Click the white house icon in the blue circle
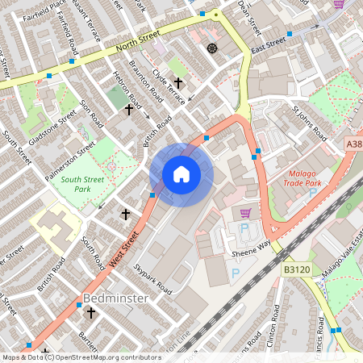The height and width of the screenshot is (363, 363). tap(181, 173)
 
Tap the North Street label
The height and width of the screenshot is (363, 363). tap(123, 56)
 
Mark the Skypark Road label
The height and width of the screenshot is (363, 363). tap(153, 277)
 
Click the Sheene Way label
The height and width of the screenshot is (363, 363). tap(252, 248)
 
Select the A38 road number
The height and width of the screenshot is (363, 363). tap(353, 143)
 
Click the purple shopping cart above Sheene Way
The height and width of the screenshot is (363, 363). tap(246, 213)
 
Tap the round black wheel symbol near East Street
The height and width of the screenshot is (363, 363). tap(213, 48)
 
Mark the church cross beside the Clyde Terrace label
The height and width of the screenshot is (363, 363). tap(178, 82)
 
